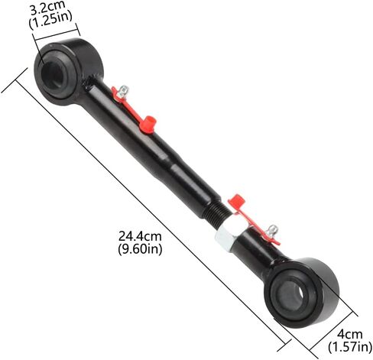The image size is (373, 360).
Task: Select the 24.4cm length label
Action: pos(140,236)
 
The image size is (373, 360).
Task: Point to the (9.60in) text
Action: pos(140,249)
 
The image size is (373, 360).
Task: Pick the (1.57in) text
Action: pos(350,347)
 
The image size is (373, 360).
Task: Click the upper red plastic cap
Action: pos(148,124)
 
